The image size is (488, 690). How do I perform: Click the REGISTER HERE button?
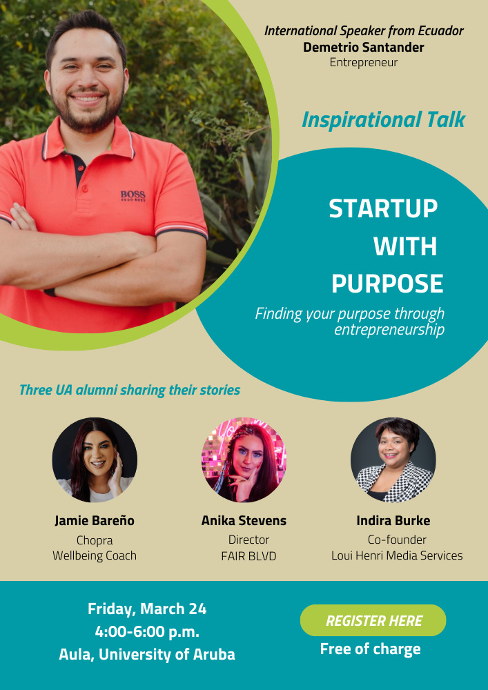point(373,620)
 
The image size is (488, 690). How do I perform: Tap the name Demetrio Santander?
point(364,47)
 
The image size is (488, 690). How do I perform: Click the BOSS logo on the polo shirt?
point(133,196)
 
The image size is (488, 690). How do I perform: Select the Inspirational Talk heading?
point(383,119)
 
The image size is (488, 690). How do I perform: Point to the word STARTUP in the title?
point(383,208)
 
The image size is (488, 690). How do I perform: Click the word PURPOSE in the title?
point(387,284)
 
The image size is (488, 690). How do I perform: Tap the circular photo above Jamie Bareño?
point(95,460)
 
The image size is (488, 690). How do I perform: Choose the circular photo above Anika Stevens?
point(244,460)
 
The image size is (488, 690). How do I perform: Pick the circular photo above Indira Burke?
point(393,460)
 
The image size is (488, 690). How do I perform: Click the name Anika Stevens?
point(244,520)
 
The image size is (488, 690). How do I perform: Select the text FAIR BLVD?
point(248,556)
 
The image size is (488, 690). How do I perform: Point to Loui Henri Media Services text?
point(397,555)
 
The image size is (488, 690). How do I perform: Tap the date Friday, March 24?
point(147,609)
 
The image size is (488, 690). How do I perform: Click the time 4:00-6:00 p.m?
point(147,632)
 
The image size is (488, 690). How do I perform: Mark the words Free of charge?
point(370,649)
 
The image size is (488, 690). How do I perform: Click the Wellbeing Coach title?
point(95,555)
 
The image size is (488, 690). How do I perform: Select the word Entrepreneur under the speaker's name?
point(364,63)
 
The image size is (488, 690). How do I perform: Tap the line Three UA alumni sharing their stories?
point(130,391)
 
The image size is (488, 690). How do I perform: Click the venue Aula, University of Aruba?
point(147,655)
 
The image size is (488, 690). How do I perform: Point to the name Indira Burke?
point(393,520)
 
